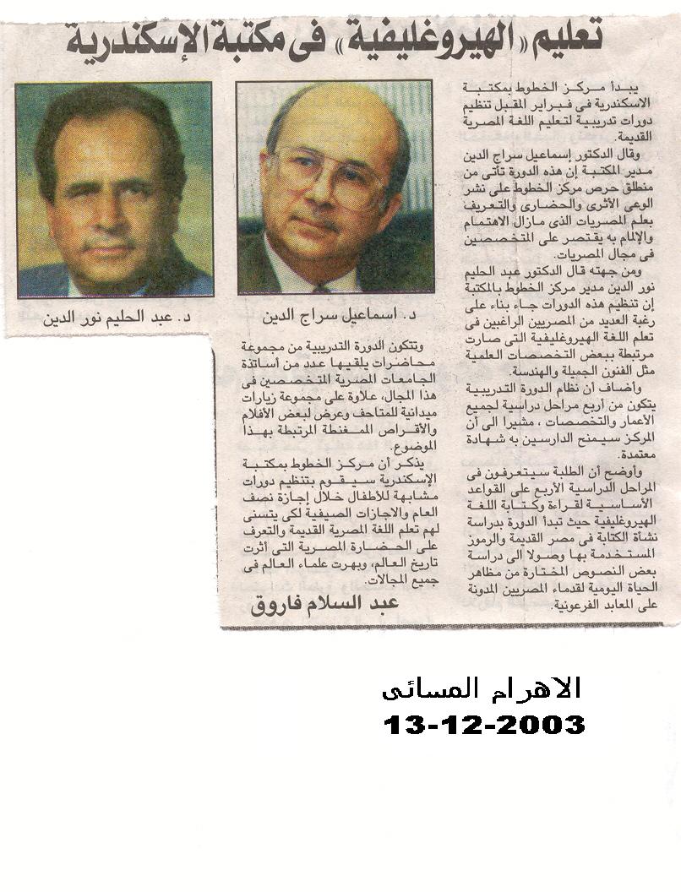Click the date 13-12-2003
tap(484, 725)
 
